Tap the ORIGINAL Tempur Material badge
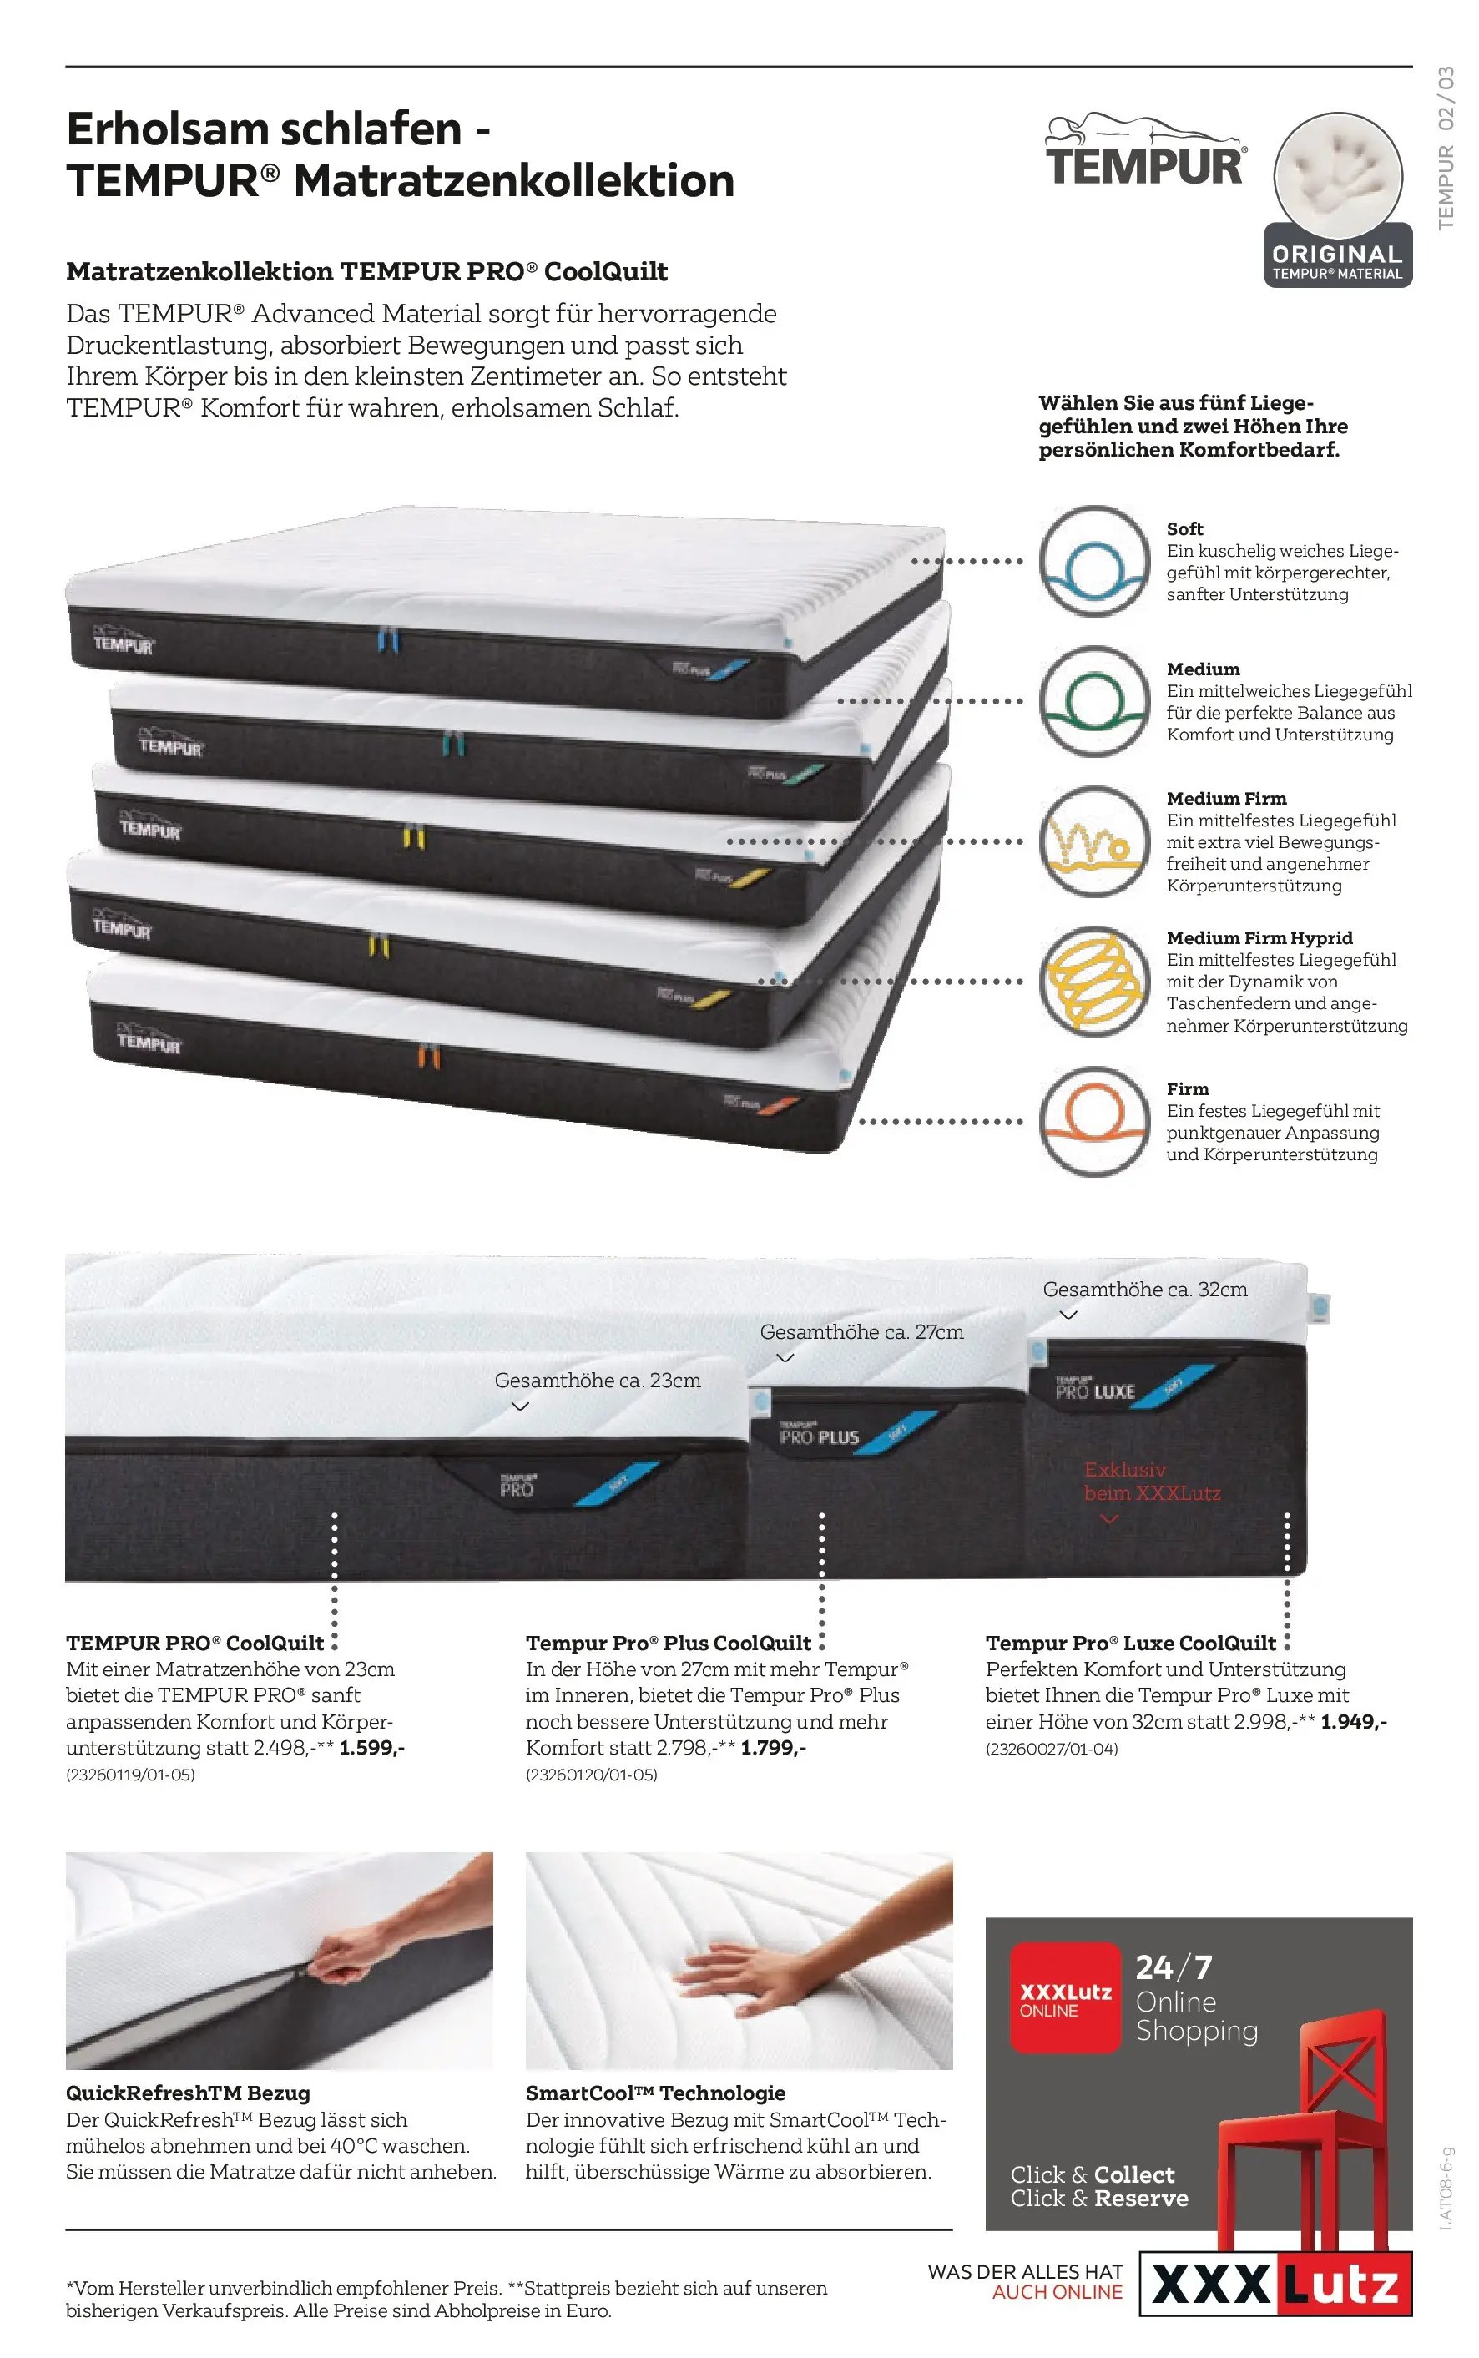(x=1338, y=199)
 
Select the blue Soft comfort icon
(x=1093, y=562)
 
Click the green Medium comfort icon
(x=1093, y=701)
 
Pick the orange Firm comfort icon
(x=1093, y=1121)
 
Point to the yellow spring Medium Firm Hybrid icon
(x=1093, y=981)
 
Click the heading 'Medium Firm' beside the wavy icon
(x=1227, y=798)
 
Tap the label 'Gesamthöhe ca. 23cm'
(x=598, y=1380)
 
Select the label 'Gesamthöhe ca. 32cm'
(x=1145, y=1289)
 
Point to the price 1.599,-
(x=371, y=1747)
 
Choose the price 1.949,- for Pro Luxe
(x=1354, y=1721)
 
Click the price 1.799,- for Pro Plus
(x=774, y=1747)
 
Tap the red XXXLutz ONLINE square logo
(x=1065, y=1996)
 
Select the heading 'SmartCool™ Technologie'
(x=655, y=2093)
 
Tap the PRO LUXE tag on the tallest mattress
(x=1094, y=1390)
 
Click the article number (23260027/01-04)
(x=1052, y=1749)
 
